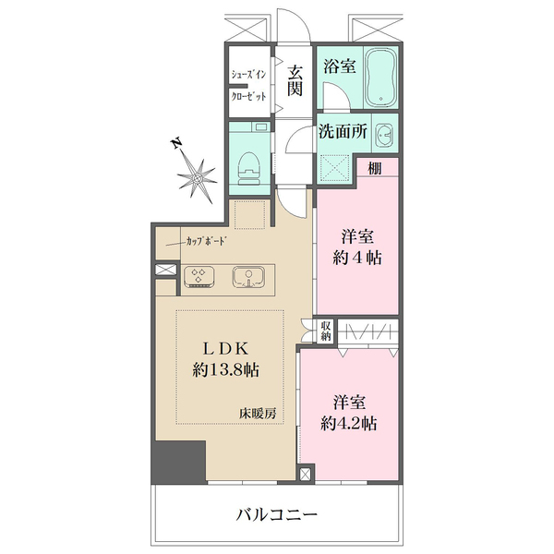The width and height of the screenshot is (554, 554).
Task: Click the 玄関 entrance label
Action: (295, 79)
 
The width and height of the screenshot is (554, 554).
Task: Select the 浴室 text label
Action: (339, 66)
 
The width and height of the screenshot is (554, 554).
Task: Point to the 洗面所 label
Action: (344, 132)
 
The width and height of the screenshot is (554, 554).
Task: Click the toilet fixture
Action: (249, 166)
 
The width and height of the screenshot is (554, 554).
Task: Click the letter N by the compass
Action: (175, 144)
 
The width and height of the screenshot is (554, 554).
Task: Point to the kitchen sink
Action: (247, 276)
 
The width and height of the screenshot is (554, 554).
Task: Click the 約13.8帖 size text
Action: (225, 370)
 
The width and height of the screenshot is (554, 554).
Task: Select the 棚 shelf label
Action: (374, 169)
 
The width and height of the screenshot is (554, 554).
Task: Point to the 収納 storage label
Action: (326, 331)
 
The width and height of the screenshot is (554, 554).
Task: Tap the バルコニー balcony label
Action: (277, 514)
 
